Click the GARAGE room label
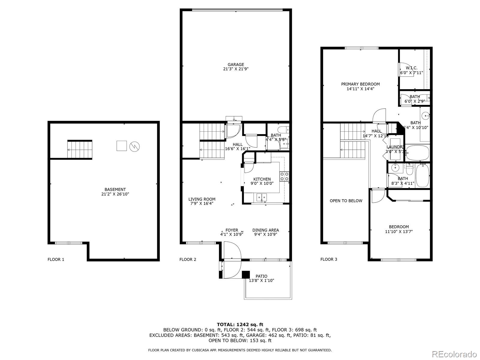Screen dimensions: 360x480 (235, 64)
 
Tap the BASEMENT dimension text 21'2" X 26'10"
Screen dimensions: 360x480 (115, 194)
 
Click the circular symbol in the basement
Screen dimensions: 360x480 (134, 146)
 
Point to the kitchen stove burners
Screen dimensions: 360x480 (284, 176)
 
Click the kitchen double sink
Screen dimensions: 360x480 (262, 197)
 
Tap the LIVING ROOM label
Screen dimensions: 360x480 (202, 199)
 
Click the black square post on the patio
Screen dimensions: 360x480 (246, 274)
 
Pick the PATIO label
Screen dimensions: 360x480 (261, 276)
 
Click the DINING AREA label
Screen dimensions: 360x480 (265, 230)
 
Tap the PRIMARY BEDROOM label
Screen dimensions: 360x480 (360, 84)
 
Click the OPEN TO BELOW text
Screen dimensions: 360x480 (346, 201)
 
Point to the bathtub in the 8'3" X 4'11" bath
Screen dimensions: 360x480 (423, 175)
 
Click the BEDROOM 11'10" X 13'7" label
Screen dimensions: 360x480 (399, 227)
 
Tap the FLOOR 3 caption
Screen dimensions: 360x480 (328, 259)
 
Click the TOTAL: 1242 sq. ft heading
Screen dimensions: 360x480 (240, 324)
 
